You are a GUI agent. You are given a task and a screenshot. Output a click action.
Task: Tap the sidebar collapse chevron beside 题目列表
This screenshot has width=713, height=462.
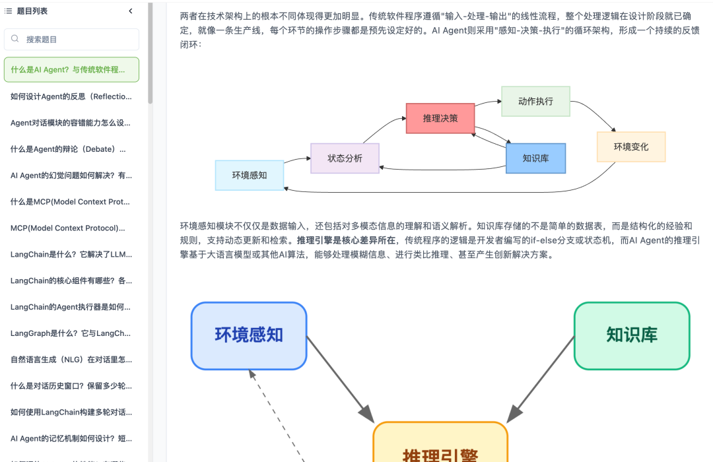click(x=130, y=11)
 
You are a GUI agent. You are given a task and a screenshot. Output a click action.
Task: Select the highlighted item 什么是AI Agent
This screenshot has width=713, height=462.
click(x=71, y=69)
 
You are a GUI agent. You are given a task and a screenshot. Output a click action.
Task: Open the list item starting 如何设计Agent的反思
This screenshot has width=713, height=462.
click(x=71, y=96)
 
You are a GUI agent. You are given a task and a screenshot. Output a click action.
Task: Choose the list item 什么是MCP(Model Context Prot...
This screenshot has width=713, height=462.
click(x=71, y=202)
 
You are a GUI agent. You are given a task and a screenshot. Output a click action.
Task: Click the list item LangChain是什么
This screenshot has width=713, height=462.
click(x=71, y=254)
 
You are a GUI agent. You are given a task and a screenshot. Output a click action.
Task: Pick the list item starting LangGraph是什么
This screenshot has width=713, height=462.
click(x=71, y=333)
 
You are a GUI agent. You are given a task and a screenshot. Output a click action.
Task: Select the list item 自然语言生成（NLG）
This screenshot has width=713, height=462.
click(x=71, y=360)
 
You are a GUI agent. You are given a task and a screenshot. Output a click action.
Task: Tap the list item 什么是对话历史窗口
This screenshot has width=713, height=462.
click(x=71, y=386)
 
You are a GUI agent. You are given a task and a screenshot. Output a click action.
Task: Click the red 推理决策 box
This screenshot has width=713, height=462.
click(x=440, y=118)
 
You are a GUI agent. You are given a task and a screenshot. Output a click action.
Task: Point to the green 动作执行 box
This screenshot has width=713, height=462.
click(x=535, y=101)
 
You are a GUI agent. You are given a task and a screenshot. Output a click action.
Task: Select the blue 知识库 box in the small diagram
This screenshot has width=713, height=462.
click(x=535, y=158)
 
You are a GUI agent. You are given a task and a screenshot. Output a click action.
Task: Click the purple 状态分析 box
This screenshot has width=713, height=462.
click(x=345, y=158)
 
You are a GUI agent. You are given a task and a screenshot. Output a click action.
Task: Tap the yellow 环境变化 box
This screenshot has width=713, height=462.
click(x=630, y=147)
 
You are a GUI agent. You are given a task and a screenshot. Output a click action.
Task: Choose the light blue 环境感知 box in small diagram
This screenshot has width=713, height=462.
click(x=250, y=176)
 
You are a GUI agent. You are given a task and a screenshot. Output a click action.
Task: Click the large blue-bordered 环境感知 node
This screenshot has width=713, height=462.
click(x=249, y=335)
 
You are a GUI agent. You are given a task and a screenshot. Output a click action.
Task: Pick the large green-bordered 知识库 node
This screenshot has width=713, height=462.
click(x=632, y=335)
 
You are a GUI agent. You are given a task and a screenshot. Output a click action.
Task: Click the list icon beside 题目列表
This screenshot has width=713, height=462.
click(x=9, y=11)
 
